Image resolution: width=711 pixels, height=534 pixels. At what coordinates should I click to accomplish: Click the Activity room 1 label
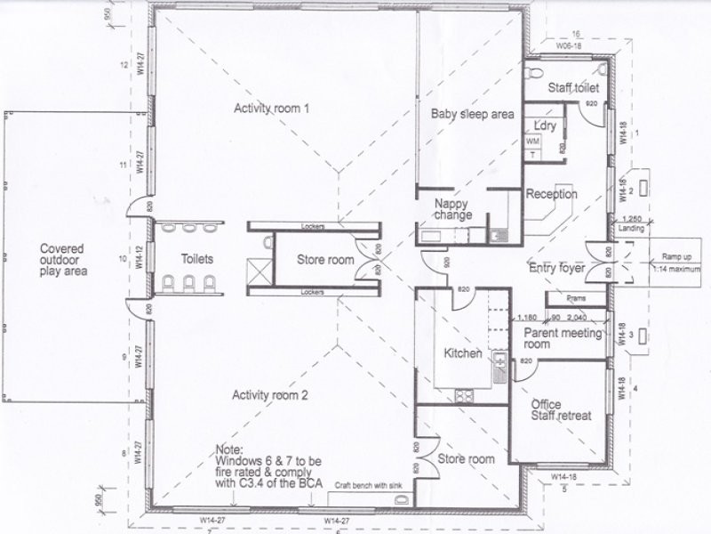pyautogui.click(x=271, y=109)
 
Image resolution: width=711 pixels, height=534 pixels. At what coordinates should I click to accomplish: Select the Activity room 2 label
pyautogui.click(x=270, y=395)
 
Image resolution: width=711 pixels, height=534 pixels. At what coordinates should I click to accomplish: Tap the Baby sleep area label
pyautogui.click(x=473, y=114)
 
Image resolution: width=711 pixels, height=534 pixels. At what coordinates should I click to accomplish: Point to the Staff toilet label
pyautogui.click(x=572, y=88)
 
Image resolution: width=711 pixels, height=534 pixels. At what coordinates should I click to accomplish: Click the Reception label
pyautogui.click(x=551, y=194)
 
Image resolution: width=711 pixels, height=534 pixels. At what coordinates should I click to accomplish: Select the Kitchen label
pyautogui.click(x=463, y=353)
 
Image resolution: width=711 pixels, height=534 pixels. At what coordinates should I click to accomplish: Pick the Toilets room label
pyautogui.click(x=196, y=259)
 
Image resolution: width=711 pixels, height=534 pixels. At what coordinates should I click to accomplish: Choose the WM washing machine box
pyautogui.click(x=533, y=142)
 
